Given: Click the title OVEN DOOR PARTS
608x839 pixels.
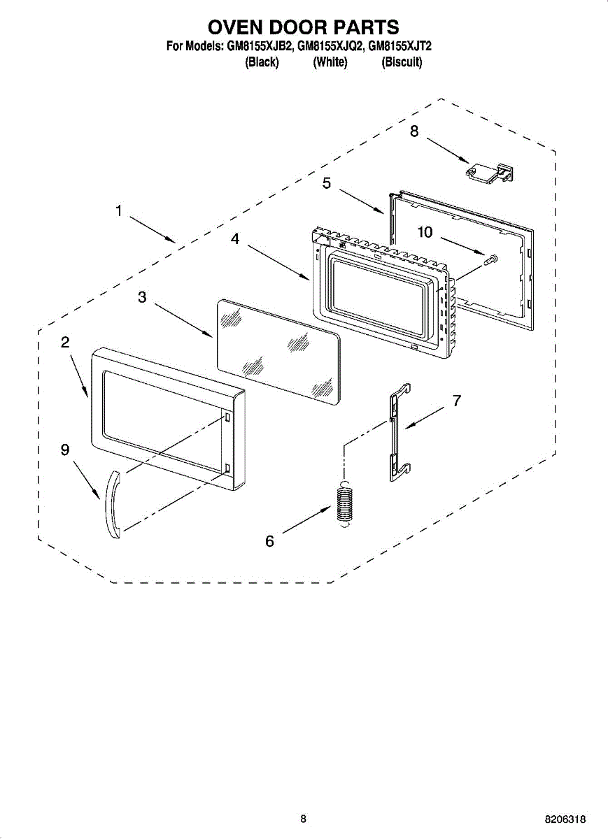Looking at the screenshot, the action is pyautogui.click(x=304, y=27).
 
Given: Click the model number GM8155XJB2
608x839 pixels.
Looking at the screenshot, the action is pyautogui.click(x=260, y=48).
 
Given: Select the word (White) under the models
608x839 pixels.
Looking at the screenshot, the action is pyautogui.click(x=330, y=62).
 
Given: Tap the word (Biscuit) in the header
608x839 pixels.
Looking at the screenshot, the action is pyautogui.click(x=402, y=62).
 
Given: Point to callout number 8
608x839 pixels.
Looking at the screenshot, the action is pyautogui.click(x=414, y=131).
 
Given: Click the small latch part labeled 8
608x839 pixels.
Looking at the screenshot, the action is pyautogui.click(x=490, y=171).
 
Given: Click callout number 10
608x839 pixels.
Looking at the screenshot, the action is pyautogui.click(x=425, y=232).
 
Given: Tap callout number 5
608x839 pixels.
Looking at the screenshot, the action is pyautogui.click(x=327, y=183).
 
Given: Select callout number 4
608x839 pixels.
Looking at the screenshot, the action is pyautogui.click(x=235, y=239).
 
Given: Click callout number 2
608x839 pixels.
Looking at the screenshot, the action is pyautogui.click(x=65, y=342).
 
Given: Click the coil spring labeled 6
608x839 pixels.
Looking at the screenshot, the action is pyautogui.click(x=343, y=503).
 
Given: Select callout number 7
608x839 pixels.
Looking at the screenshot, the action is pyautogui.click(x=456, y=401).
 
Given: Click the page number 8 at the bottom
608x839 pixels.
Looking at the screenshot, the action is pyautogui.click(x=303, y=819).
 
